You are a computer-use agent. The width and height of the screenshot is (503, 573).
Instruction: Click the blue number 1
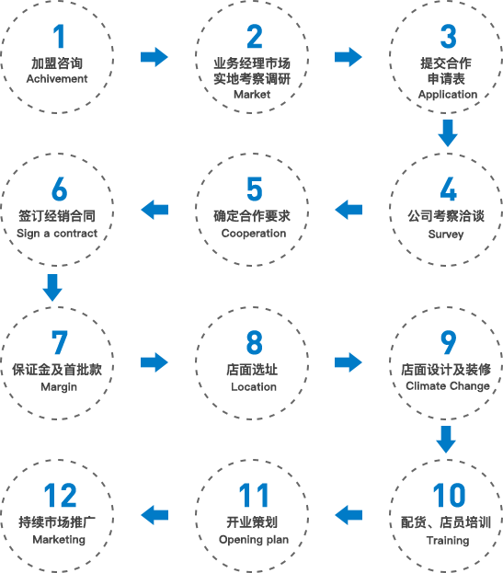(59, 36)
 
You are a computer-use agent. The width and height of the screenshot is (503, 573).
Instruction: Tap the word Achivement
(57, 78)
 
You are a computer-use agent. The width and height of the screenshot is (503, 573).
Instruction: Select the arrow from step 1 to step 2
(154, 57)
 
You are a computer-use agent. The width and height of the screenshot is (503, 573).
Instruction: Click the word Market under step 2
(252, 95)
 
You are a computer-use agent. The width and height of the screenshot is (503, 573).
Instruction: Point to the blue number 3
(448, 36)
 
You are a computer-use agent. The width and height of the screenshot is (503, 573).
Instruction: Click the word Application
(448, 95)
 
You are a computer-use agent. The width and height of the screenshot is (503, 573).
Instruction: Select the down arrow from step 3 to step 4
(448, 133)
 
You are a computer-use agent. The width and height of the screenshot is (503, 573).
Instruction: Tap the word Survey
(446, 235)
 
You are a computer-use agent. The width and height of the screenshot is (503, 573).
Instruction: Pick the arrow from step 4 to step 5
(349, 210)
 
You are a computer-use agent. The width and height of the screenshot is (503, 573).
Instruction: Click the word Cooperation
(254, 234)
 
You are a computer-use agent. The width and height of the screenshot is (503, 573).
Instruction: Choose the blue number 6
(59, 189)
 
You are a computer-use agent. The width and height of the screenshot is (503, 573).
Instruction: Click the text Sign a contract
(57, 234)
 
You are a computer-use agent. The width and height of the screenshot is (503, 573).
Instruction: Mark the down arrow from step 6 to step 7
(52, 288)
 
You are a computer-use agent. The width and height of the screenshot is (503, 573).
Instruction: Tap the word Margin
(59, 387)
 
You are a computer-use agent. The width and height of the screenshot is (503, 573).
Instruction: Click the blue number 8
(254, 342)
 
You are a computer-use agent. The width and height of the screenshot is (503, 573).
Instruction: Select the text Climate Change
(448, 386)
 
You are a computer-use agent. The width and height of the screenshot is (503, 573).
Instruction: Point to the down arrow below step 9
(446, 440)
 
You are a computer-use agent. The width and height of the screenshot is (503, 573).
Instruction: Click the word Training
(448, 541)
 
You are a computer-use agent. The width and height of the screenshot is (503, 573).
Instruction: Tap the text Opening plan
(254, 540)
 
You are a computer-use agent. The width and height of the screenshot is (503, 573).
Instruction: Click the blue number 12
(61, 495)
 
